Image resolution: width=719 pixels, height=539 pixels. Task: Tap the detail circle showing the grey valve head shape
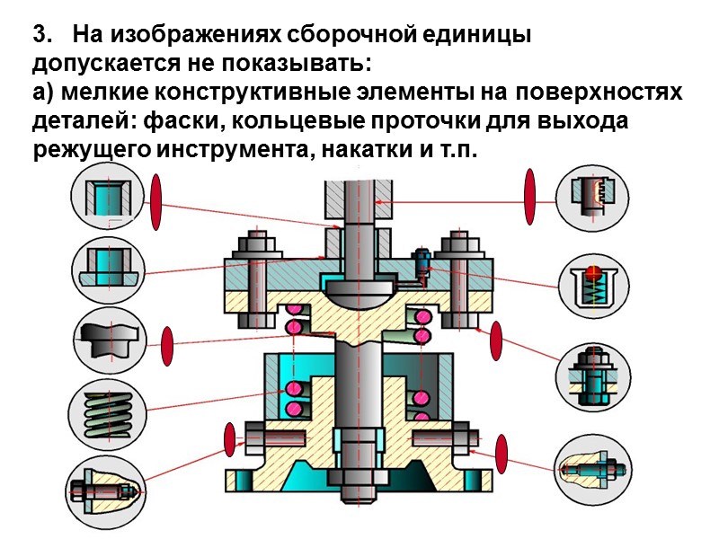pos(104,341)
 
